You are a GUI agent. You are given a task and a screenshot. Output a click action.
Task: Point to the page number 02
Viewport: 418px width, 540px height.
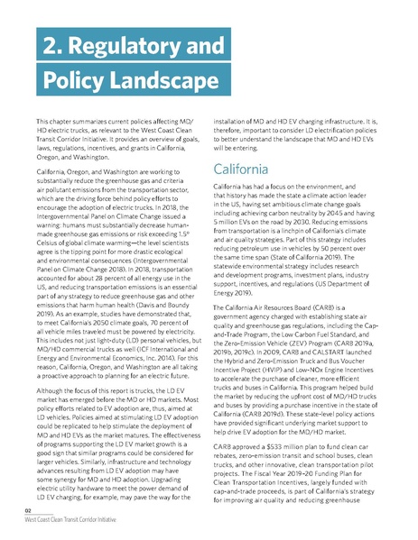pos(29,510)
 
